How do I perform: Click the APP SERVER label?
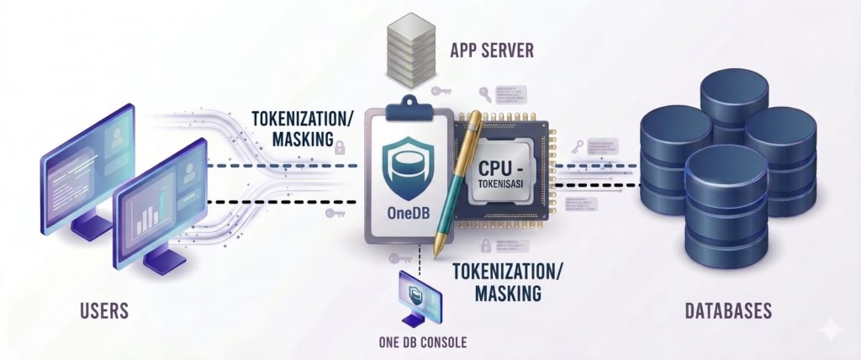coord(491,49)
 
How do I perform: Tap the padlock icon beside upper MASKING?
coord(340,148)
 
